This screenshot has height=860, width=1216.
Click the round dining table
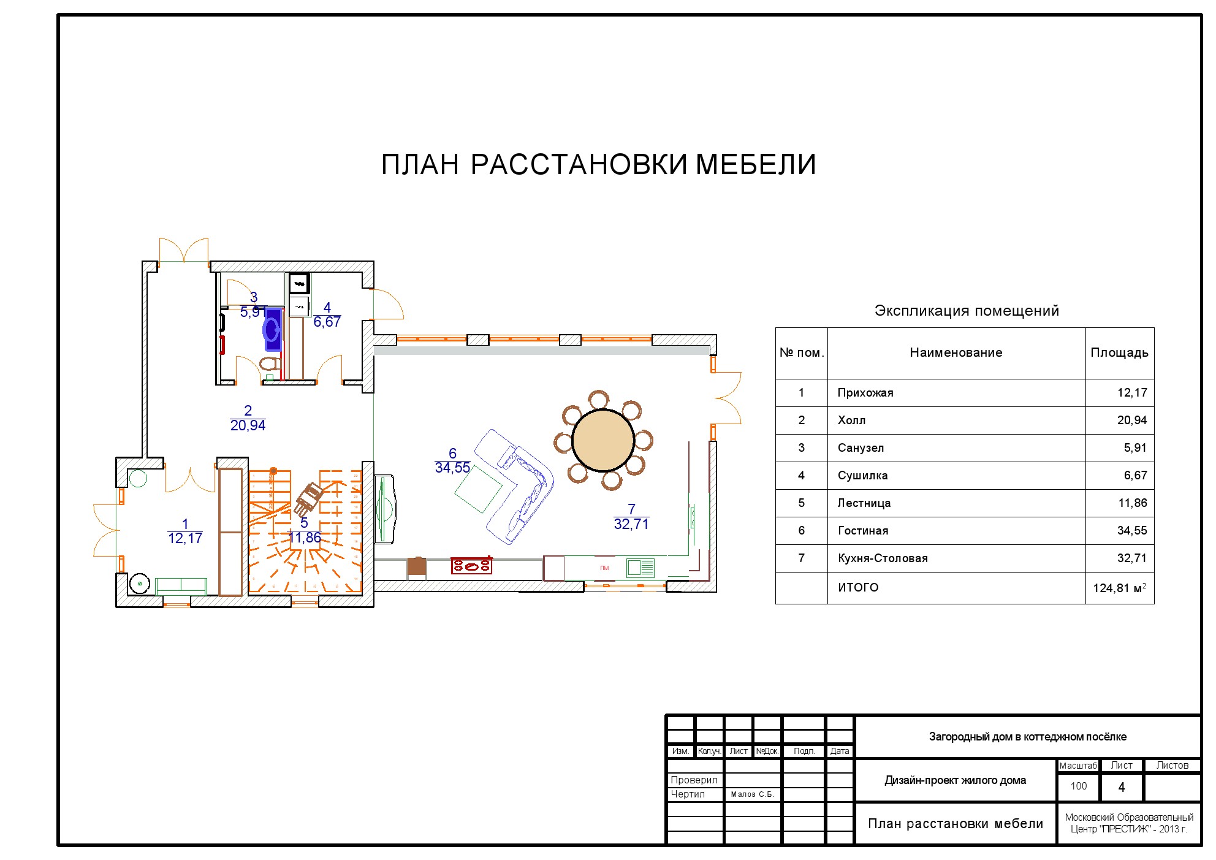(603, 441)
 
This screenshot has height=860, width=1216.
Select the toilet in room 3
(268, 364)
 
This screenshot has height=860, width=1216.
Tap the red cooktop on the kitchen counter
(471, 565)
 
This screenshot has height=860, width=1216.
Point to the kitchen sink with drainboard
(640, 568)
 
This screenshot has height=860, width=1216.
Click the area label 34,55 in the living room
(452, 468)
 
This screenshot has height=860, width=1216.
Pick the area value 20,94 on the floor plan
(248, 425)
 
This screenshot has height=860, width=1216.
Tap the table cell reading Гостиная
(863, 531)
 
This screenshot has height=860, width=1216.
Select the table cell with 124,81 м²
(1119, 588)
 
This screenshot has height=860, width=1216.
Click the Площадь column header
(1119, 352)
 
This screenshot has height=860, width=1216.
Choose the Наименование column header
(956, 352)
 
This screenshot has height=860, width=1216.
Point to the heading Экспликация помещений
(967, 311)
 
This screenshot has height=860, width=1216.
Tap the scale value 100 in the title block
(1078, 786)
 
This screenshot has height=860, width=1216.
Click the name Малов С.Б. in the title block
(752, 794)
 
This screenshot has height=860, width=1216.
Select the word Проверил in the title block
(694, 780)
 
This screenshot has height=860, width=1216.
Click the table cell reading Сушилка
(862, 476)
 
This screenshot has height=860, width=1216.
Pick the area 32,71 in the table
(1131, 558)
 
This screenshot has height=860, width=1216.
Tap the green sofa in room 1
(181, 585)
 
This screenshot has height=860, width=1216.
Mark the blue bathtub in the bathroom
(273, 329)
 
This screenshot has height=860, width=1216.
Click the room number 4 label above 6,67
(327, 308)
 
